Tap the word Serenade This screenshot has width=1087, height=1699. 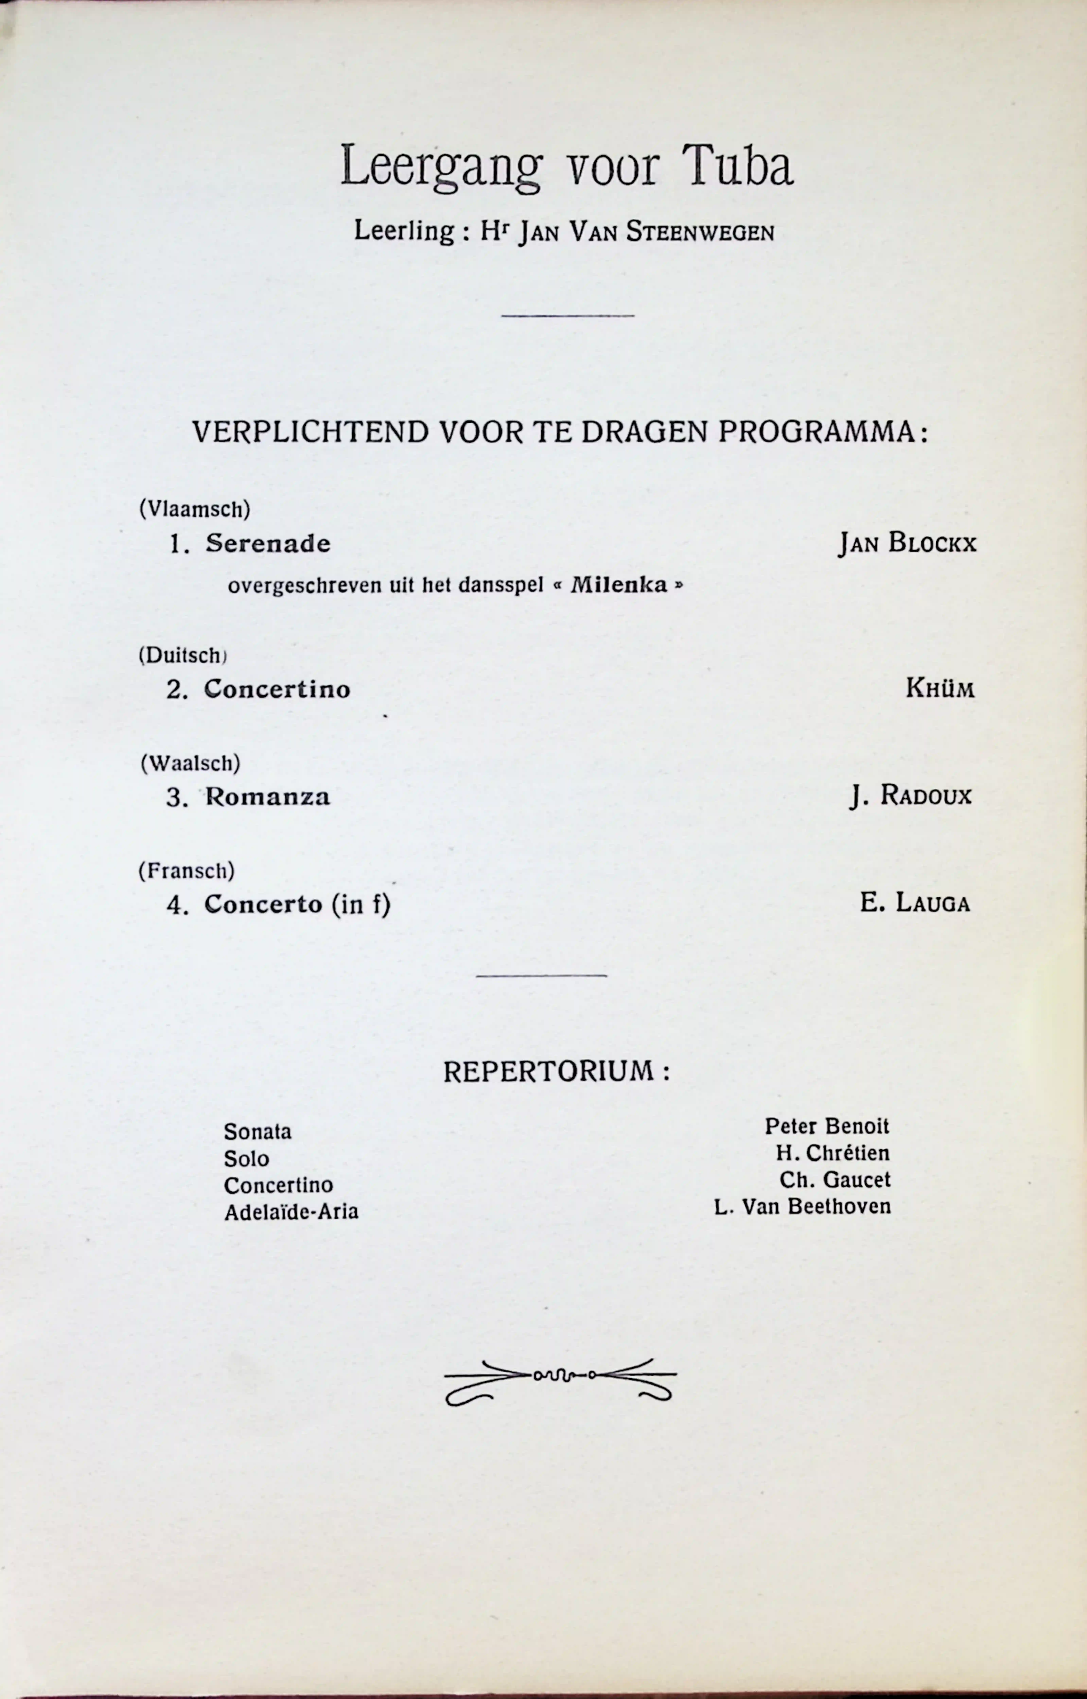pos(268,544)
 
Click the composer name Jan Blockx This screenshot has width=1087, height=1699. pos(907,544)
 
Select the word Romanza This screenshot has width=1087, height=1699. pos(268,797)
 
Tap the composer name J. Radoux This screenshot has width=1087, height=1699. pos(910,796)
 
